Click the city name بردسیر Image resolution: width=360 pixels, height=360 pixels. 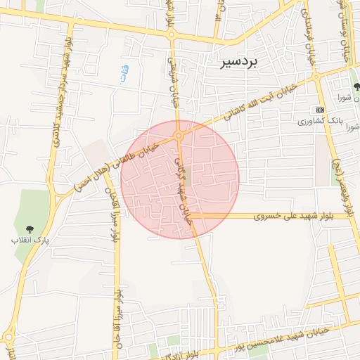click(239, 62)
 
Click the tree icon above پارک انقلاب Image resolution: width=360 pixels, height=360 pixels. click(30, 229)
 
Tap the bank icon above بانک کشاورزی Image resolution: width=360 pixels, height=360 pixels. click(321, 110)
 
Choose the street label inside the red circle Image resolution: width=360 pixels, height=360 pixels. click(182, 190)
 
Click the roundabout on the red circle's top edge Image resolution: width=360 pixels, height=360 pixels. click(179, 135)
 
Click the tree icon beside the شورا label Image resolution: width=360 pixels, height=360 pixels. click(356, 86)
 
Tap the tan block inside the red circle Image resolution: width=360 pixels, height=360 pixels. click(186, 174)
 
